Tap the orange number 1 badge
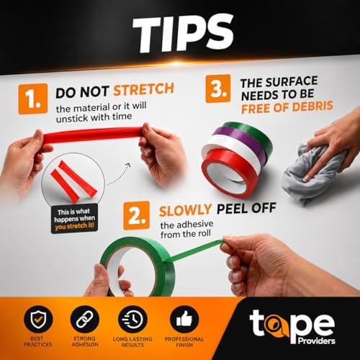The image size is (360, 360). point(33,99)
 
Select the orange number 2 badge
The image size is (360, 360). point(136,215)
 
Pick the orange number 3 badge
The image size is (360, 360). point(218,89)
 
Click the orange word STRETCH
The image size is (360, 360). point(143,89)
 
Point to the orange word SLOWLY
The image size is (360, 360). point(185,210)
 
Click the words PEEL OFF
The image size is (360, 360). point(246,208)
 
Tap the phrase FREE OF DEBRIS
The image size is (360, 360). point(287,107)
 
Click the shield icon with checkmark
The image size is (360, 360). point(38,320)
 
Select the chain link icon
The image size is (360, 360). point(85,320)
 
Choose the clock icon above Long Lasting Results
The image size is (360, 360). point(132,320)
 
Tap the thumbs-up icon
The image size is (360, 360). point(184,320)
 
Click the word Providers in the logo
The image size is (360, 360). point(316,341)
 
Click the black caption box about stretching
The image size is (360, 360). point(74,219)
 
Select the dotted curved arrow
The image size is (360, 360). point(119,175)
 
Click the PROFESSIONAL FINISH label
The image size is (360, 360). point(184,342)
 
